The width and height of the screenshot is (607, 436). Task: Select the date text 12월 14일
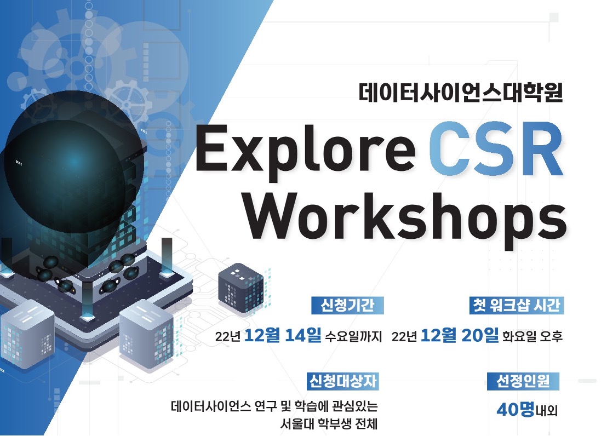pyautogui.click(x=283, y=335)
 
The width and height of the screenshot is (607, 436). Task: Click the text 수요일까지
pyautogui.click(x=353, y=336)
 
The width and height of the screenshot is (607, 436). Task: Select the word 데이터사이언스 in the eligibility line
pyautogui.click(x=211, y=408)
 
